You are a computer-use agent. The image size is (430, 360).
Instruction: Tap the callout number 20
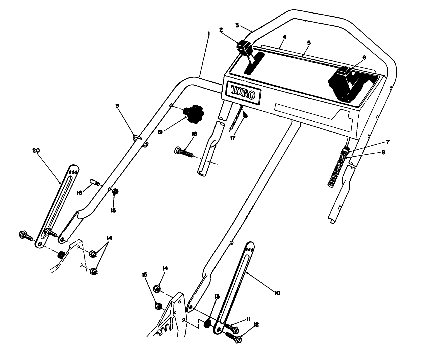point(36,151)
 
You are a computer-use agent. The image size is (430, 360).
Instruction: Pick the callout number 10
point(277,293)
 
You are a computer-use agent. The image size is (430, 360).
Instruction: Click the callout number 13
point(217,296)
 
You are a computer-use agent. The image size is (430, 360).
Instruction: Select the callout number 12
point(256,324)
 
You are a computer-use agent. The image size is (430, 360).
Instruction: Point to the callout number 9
point(117,106)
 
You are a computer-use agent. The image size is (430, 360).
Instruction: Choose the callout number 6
point(364,58)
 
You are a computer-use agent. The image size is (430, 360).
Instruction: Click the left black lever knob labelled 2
point(245,48)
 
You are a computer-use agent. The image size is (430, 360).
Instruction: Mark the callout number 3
point(237,25)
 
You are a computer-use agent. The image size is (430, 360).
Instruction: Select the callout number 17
point(233,138)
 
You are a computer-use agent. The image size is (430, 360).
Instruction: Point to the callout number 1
point(208,34)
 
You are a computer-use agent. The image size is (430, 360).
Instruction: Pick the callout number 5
point(309,43)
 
